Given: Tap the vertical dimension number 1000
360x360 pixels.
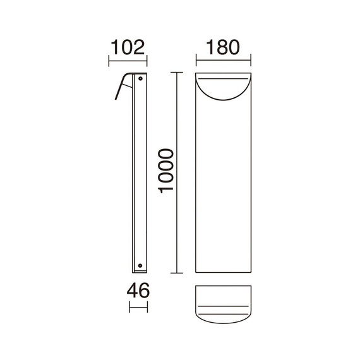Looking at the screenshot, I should pyautogui.click(x=165, y=173).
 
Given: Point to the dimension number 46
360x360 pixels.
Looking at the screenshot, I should pyautogui.click(x=138, y=291).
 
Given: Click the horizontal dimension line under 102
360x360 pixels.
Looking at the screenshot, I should pyautogui.click(x=128, y=62).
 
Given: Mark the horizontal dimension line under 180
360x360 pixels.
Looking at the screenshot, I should pyautogui.click(x=224, y=62).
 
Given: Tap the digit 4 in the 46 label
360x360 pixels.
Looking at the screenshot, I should pyautogui.click(x=131, y=291).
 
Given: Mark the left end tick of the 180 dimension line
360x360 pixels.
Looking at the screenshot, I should pyautogui.click(x=196, y=62).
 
